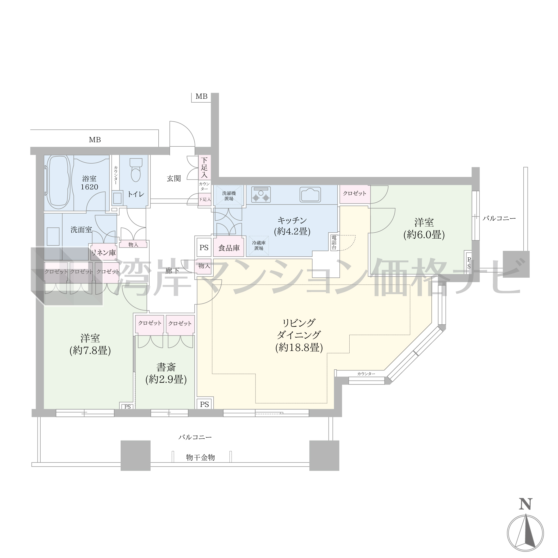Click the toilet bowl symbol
pos(136,170)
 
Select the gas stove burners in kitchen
pos(261,194)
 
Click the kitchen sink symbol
pos(310,194)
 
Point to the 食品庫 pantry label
pos(229,248)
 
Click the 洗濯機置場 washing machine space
pos(229,196)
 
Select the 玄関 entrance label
pos(174,178)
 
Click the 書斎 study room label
pos(166,367)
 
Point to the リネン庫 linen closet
pos(104,253)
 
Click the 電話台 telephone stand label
pos(334,242)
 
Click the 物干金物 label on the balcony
pos(200,457)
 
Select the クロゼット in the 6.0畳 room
pos(355,194)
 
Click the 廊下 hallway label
pos(172,271)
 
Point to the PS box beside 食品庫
pos(204,247)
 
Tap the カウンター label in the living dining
pos(366,374)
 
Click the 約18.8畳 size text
pos(299,347)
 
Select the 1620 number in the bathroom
pos(89,187)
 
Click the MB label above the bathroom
pos(95,140)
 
